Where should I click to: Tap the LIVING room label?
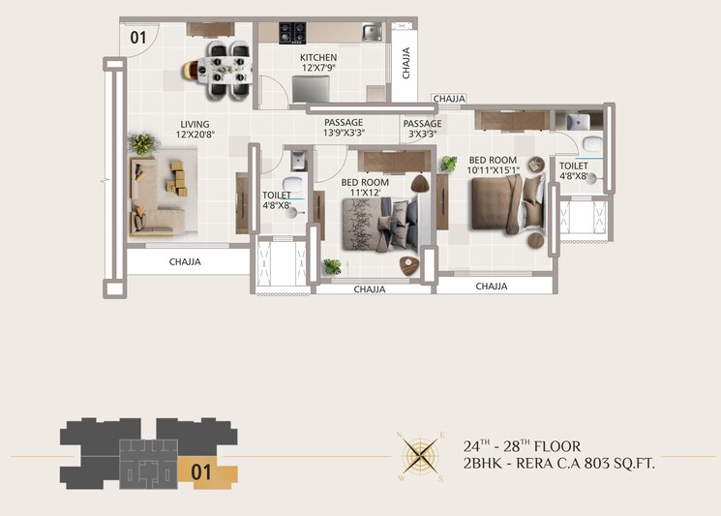click(x=195, y=124)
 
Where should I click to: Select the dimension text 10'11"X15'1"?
click(x=493, y=170)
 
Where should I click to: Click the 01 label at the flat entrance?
click(x=137, y=39)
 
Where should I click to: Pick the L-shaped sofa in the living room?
click(x=155, y=198)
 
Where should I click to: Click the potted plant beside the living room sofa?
click(x=143, y=144)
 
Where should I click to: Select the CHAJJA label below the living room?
click(x=185, y=261)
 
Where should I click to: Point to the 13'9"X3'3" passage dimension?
click(x=344, y=135)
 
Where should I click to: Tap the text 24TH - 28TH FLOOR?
click(x=522, y=446)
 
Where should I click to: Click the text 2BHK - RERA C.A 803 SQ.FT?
click(x=559, y=464)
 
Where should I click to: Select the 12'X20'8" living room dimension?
click(x=195, y=136)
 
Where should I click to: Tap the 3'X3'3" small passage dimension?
click(x=422, y=135)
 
